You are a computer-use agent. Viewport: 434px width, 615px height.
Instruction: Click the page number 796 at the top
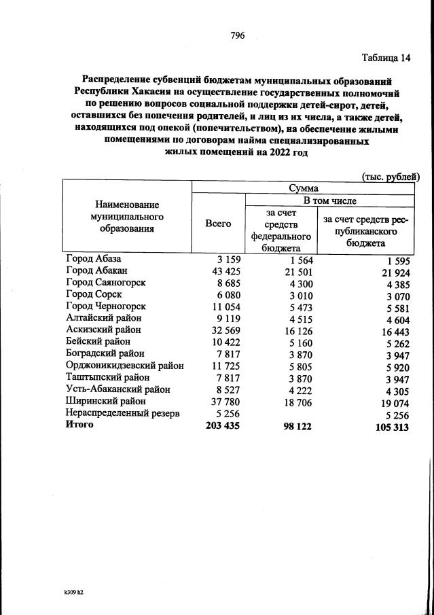237,35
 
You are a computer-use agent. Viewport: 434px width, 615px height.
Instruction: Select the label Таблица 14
386,58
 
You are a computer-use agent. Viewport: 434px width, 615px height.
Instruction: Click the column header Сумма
303,188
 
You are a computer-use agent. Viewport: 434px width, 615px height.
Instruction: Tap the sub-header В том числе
329,200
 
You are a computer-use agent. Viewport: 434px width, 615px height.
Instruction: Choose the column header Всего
218,224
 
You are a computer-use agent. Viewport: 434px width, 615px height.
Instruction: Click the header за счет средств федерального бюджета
280,229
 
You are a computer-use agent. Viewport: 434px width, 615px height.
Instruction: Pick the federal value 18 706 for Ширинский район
296,402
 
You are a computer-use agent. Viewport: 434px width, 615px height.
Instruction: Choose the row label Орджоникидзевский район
125,366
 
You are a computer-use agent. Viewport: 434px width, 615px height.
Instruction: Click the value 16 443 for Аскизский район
393,332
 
